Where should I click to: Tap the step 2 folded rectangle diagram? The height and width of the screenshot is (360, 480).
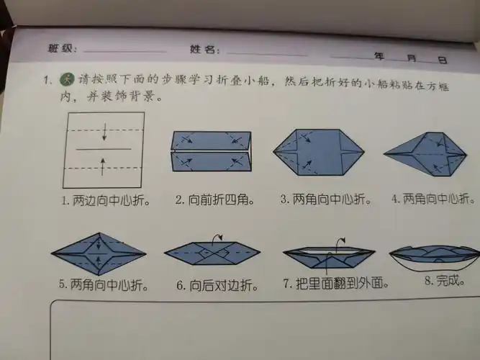pos(211,153)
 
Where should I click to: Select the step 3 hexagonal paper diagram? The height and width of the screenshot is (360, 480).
pos(317,153)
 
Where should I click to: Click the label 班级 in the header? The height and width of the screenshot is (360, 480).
pos(59,48)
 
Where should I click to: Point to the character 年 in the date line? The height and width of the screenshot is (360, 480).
pos(379,56)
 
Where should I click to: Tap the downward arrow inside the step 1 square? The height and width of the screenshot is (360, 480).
pos(104,132)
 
